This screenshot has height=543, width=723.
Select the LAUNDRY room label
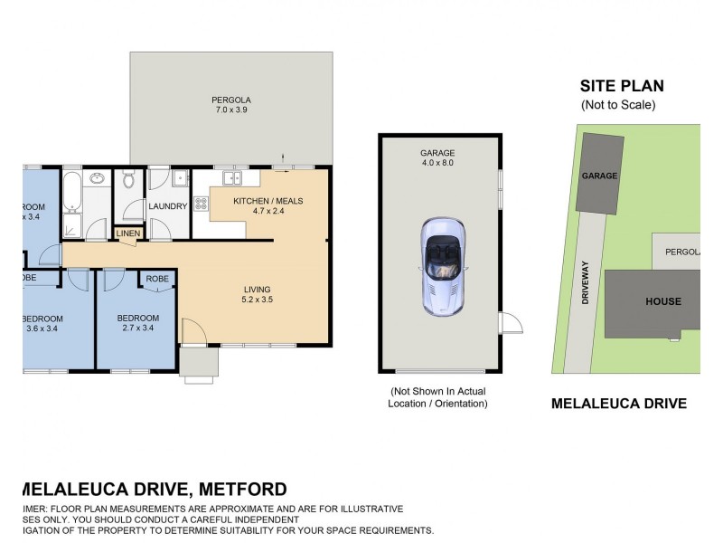click(x=168, y=206)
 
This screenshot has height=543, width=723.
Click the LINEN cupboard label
click(x=127, y=234)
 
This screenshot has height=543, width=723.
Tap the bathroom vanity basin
click(x=97, y=178)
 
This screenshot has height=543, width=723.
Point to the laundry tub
click(x=179, y=178)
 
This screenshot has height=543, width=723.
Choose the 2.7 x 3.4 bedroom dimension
click(x=138, y=329)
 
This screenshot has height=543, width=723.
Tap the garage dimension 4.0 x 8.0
click(x=437, y=164)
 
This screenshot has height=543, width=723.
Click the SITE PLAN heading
click(x=622, y=87)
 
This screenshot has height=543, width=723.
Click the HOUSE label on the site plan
click(x=662, y=301)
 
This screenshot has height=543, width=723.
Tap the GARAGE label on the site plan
click(x=599, y=175)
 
